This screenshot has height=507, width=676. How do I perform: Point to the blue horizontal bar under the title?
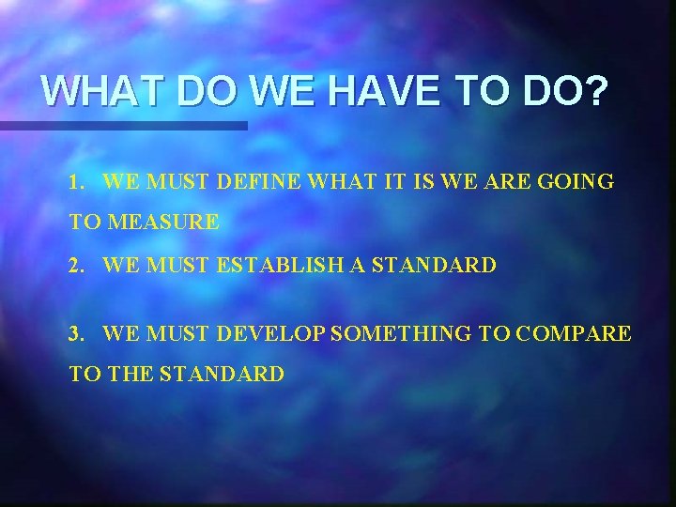[x=123, y=125]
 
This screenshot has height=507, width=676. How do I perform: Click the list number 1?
[x=75, y=182]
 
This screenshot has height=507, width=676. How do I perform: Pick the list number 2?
[x=75, y=266]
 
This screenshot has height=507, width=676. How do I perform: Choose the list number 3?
[x=75, y=332]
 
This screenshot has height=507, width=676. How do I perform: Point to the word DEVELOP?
[x=271, y=332]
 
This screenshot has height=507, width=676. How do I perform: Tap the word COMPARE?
[x=574, y=332]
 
